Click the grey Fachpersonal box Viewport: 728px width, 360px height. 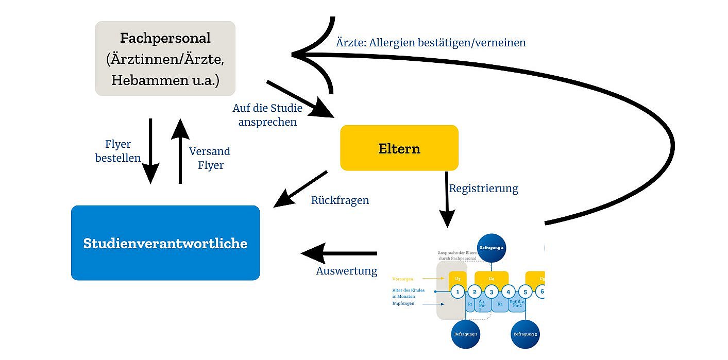click(x=165, y=58)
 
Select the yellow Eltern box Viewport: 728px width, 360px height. click(x=399, y=148)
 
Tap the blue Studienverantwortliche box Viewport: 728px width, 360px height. click(x=165, y=243)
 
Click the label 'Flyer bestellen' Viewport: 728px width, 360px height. click(x=118, y=151)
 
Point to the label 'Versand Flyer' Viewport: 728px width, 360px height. click(x=209, y=158)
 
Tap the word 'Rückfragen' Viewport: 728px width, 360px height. click(x=340, y=200)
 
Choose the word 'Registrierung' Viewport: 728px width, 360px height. click(x=483, y=188)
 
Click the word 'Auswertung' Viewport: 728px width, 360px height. click(x=346, y=270)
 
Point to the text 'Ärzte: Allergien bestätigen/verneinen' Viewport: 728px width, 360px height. click(x=431, y=43)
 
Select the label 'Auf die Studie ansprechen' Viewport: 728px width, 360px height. click(x=267, y=115)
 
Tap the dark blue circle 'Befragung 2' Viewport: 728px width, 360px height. click(x=492, y=248)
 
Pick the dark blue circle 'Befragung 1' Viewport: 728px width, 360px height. click(x=465, y=334)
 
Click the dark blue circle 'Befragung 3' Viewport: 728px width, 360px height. click(x=524, y=334)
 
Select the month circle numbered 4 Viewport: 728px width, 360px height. click(x=508, y=292)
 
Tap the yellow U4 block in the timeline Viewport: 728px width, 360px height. click(x=491, y=278)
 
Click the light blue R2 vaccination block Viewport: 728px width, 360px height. click(x=499, y=304)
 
